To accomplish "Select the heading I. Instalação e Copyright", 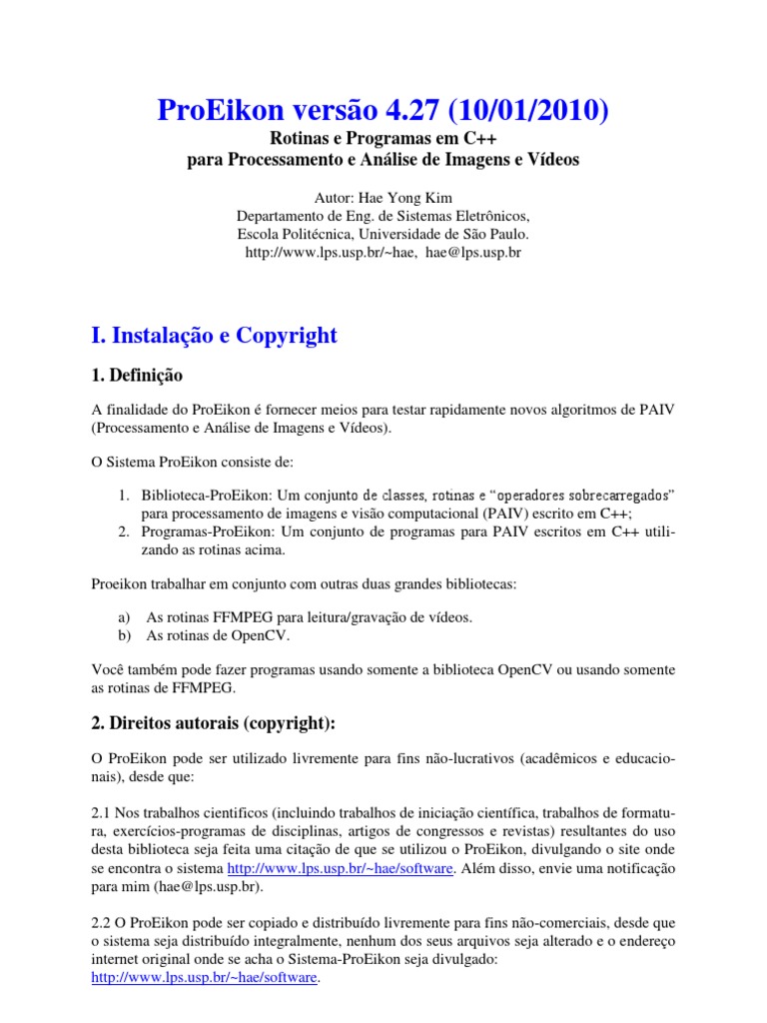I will pos(214,336).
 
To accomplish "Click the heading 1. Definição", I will pos(137,377).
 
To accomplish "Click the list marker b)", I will pos(125,634).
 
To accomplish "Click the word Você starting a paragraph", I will pos(110,670).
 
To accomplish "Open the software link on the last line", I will pos(205,978).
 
